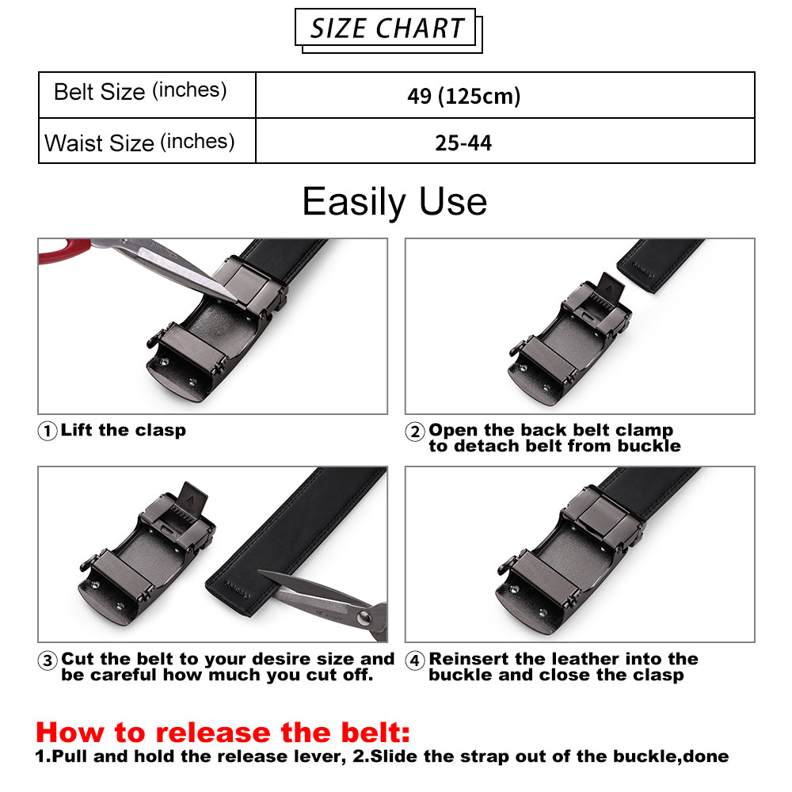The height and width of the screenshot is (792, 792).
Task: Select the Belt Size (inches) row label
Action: [x=140, y=91]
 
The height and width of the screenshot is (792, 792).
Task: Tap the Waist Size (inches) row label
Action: [x=139, y=143]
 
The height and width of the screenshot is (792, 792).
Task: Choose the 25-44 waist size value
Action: [x=463, y=143]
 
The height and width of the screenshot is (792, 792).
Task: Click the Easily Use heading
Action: [x=394, y=201]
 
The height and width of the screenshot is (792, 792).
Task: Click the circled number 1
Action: [x=48, y=431]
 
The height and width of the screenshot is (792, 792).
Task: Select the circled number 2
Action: [x=415, y=432]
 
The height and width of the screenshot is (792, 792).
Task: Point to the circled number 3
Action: [x=48, y=661]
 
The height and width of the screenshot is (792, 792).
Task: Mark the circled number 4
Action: [x=415, y=661]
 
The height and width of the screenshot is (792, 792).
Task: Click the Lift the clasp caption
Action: [x=124, y=430]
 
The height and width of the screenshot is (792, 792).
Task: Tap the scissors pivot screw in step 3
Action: [x=363, y=617]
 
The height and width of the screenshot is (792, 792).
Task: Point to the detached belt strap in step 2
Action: [x=660, y=265]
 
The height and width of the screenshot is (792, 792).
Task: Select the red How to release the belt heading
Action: [x=223, y=733]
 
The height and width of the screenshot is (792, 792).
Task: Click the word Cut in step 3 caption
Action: [x=78, y=659]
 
